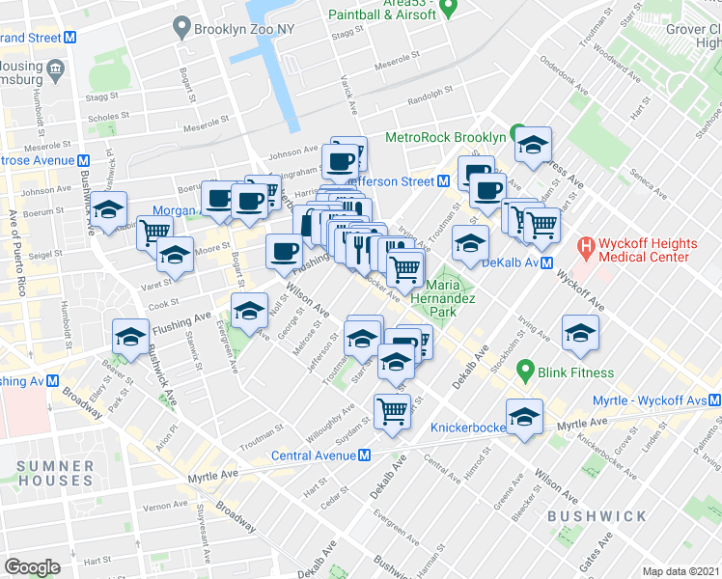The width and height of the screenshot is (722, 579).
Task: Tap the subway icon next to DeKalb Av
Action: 545,262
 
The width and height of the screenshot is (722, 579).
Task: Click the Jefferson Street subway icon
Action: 443,180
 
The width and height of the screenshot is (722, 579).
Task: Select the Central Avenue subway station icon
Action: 365,455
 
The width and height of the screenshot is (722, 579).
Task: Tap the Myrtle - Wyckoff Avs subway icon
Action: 713,400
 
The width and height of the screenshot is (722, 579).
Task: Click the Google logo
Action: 32,566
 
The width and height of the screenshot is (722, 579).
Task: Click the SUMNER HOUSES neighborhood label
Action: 55,473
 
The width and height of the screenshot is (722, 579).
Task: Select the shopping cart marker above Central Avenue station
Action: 392,410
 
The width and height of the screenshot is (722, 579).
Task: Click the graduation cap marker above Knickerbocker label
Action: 524,415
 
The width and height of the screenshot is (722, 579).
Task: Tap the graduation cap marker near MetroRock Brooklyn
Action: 532,145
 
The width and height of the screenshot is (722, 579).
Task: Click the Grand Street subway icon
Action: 69,38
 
